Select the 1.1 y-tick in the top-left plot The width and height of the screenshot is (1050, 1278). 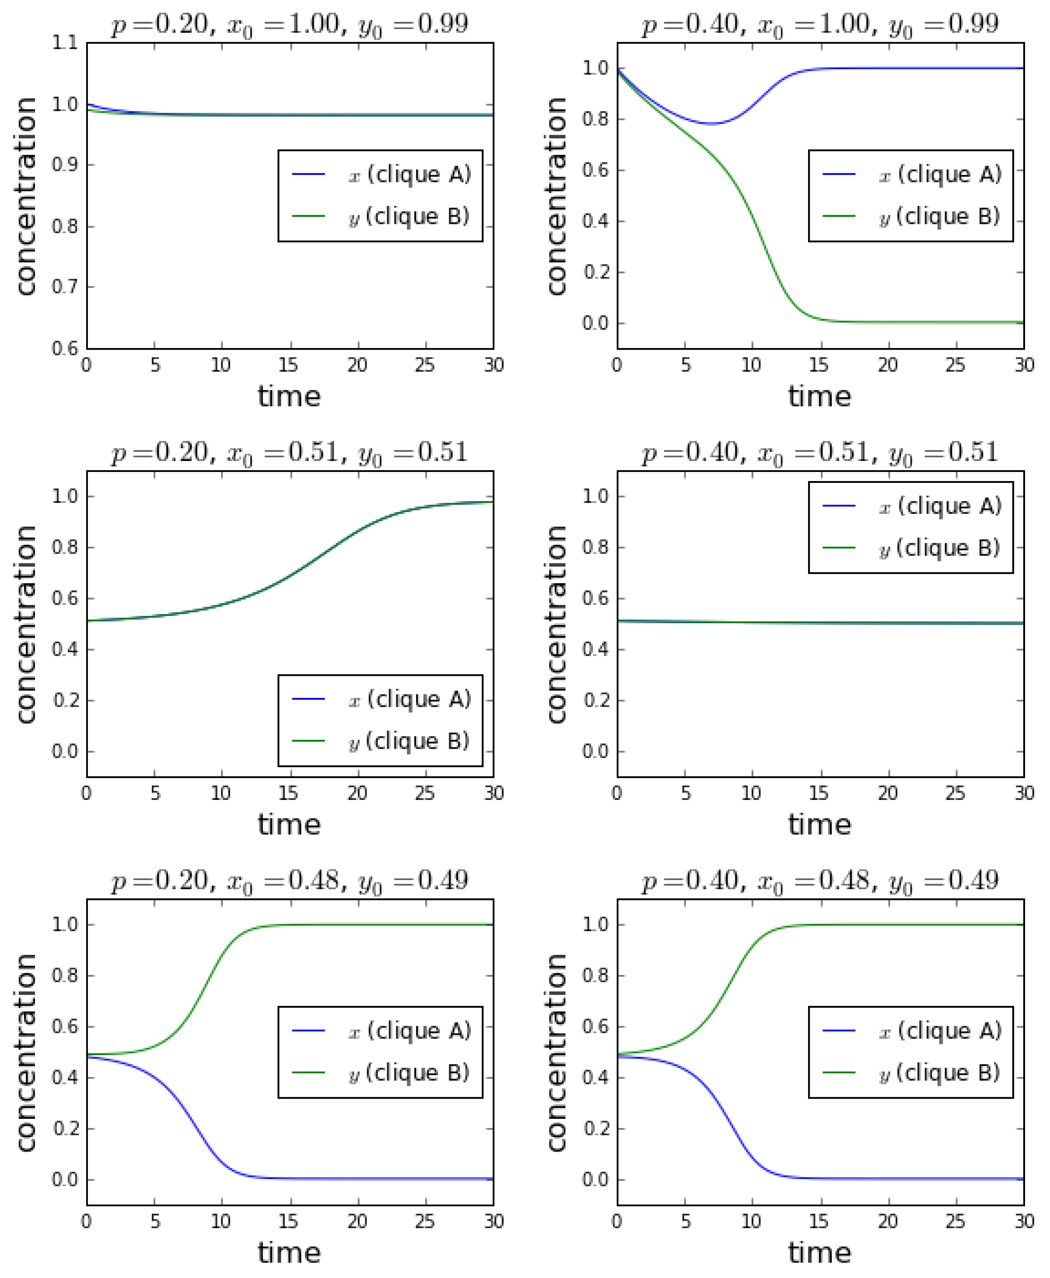(65, 43)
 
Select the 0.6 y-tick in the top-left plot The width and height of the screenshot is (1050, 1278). (65, 348)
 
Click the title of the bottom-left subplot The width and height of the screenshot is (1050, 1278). (289, 881)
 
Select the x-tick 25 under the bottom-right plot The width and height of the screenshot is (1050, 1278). (955, 1222)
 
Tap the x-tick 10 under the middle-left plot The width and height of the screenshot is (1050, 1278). (221, 793)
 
